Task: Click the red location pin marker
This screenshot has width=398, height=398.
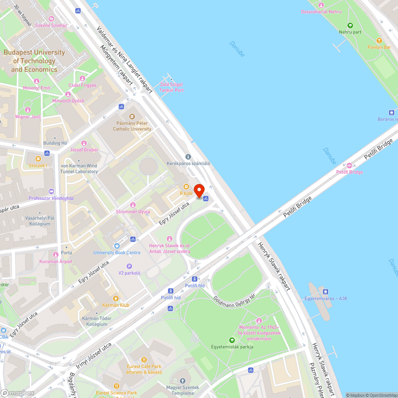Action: coord(199,189)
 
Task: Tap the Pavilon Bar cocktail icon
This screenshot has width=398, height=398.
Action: coord(379,41)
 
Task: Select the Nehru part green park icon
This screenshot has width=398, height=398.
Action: coord(350,25)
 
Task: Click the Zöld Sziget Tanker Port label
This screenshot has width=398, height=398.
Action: coord(171,87)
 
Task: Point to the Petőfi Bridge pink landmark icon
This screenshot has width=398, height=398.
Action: coord(349,166)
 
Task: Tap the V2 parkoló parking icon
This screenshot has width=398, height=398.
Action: coord(129,266)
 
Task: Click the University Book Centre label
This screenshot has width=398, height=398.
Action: coord(117,252)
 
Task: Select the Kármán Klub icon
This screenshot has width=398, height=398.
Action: coord(116,298)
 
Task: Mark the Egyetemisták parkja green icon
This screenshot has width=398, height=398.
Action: coord(232,340)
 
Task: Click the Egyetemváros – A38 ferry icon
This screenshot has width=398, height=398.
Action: coord(326,291)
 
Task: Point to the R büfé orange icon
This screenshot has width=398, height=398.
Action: coord(186,187)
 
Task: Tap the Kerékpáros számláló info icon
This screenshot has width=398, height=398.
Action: coord(188,157)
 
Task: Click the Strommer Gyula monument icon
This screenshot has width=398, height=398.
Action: coord(133,205)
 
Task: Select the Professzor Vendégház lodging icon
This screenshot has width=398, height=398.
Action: coord(51,191)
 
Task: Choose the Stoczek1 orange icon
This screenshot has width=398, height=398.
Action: coord(38,158)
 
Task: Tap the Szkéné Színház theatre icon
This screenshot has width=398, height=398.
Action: coord(51,19)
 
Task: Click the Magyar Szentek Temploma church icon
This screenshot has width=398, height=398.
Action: coord(183,381)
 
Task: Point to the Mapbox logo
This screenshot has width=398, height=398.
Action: coord(19,393)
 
